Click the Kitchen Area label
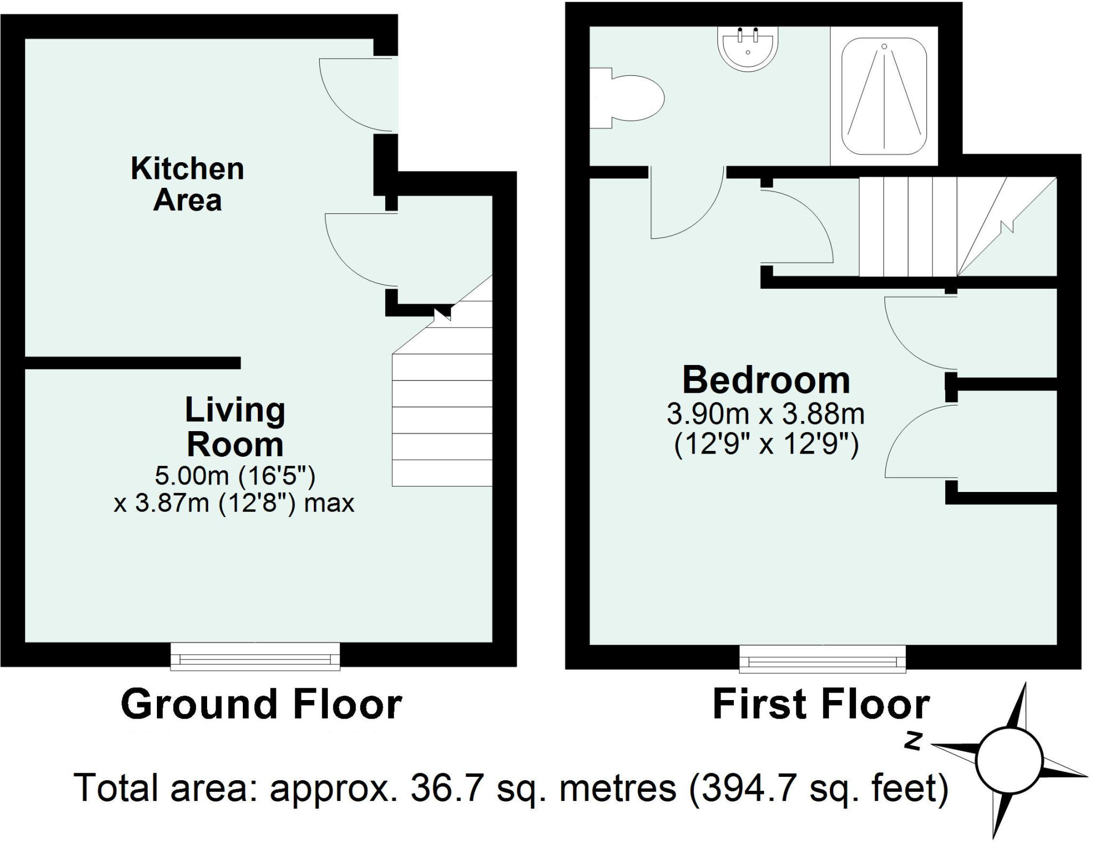point(187,184)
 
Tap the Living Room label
point(235,427)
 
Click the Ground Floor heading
point(262,704)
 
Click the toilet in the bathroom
point(627,98)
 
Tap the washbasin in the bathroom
point(748,49)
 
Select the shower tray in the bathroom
point(884,96)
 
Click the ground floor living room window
point(255,656)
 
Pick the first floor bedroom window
point(822,658)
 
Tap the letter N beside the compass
point(914,741)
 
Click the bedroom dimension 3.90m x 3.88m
point(766,414)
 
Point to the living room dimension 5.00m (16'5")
point(235,475)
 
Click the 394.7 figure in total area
point(751,788)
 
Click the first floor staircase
point(957,227)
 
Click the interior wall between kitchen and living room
point(133,363)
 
